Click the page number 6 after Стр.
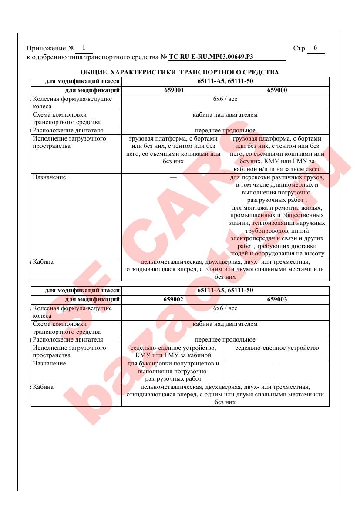pyautogui.click(x=315, y=48)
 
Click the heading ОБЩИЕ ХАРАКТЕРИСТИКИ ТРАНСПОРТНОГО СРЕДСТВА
pyautogui.click(x=180, y=72)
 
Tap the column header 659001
pyautogui.click(x=173, y=91)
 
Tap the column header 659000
pyautogui.click(x=277, y=91)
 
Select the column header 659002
pyautogui.click(x=173, y=300)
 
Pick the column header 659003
pyautogui.click(x=277, y=300)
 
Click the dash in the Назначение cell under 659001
pyautogui.click(x=173, y=178)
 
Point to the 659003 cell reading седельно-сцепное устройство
pyautogui.click(x=277, y=348)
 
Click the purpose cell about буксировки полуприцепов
pyautogui.click(x=173, y=371)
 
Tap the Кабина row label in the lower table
pyautogui.click(x=43, y=387)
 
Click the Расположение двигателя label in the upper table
pyautogui.click(x=68, y=131)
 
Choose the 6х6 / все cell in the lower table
pyautogui.click(x=225, y=308)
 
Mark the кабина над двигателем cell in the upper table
pyautogui.click(x=225, y=115)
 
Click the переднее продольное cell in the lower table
pyautogui.click(x=225, y=340)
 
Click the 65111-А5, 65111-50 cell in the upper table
pyautogui.click(x=225, y=81)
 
